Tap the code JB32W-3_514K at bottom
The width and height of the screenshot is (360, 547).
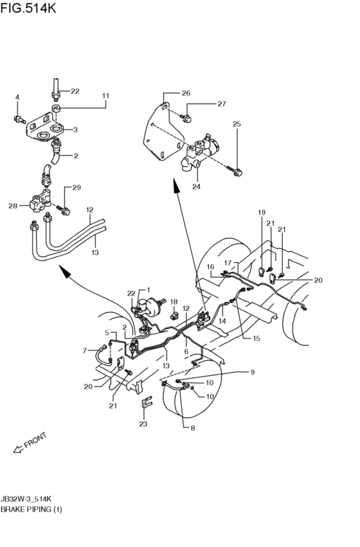[x=32, y=497]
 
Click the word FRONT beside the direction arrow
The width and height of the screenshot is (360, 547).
[x=37, y=440]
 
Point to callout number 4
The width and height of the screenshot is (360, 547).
[x=17, y=97]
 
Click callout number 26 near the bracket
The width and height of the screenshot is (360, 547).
[x=186, y=93]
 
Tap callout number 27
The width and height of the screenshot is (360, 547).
[x=221, y=103]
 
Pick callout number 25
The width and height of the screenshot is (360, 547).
[x=236, y=123]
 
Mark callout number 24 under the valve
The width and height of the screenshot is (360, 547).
[x=197, y=187]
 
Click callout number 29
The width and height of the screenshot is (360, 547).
[x=76, y=188]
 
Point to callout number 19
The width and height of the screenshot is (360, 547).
[x=262, y=212]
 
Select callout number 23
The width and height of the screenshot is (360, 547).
[x=143, y=424]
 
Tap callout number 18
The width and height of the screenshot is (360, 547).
[x=174, y=301]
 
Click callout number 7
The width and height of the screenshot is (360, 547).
[x=84, y=350]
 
